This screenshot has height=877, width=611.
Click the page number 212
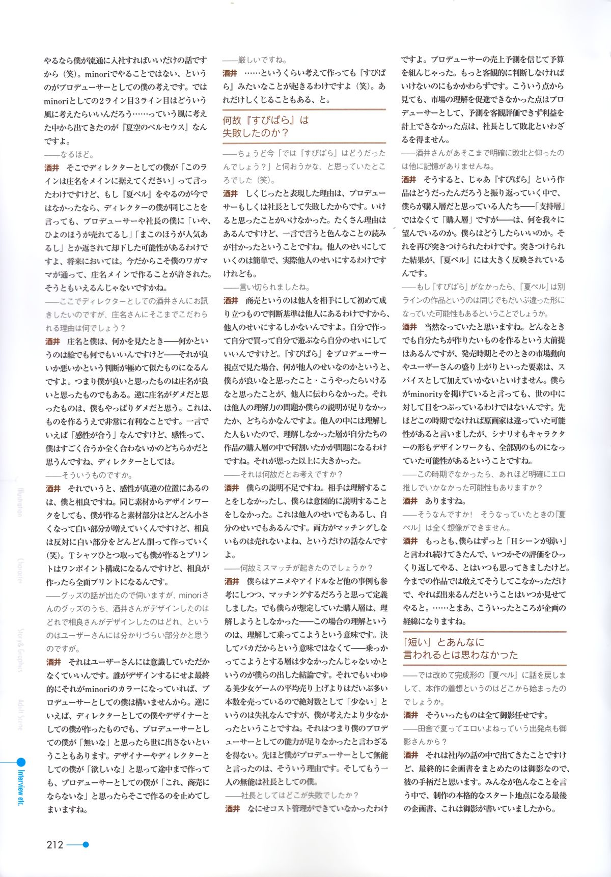tap(54, 845)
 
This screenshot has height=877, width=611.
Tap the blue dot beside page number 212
tap(86, 844)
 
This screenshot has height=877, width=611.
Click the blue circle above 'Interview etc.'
tap(20, 762)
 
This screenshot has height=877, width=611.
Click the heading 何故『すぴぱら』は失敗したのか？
tap(266, 127)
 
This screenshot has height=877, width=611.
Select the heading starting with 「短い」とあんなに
tap(460, 648)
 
